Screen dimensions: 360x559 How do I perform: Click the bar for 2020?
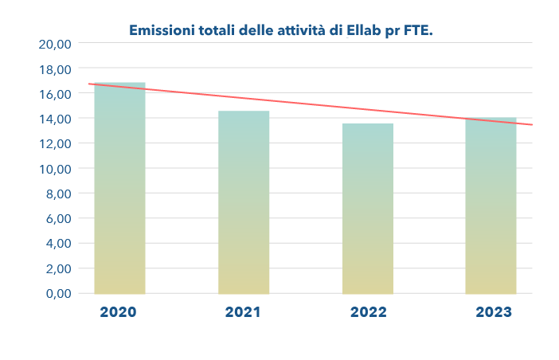(119, 191)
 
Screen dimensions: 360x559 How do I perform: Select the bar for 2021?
(244, 203)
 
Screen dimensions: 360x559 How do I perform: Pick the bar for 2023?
(491, 207)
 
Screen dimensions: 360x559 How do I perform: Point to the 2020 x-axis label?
(119, 312)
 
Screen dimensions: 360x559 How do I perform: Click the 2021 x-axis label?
(243, 312)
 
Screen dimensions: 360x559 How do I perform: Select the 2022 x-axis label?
(367, 312)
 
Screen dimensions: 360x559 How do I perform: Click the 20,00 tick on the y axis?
(56, 45)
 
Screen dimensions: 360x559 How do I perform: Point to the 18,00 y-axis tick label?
(56, 70)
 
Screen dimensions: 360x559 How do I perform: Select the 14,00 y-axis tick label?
(56, 119)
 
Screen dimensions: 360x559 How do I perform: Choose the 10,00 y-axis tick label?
(56, 170)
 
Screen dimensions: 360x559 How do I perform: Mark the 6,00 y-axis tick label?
(58, 219)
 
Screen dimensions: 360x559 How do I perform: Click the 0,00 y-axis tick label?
(58, 294)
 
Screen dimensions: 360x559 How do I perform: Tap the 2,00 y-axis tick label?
(58, 269)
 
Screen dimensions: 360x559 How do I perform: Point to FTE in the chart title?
(420, 31)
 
